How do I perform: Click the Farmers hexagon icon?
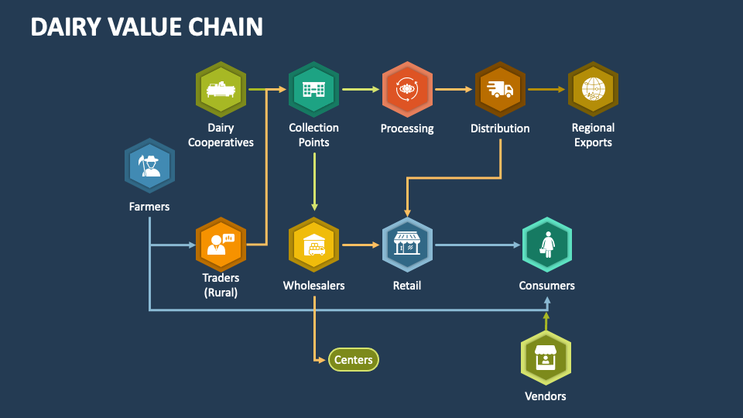(x=149, y=166)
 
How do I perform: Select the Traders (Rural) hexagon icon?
(x=221, y=245)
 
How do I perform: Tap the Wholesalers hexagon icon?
(x=313, y=245)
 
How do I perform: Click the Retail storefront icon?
(x=407, y=245)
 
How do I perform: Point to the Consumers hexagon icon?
(x=547, y=245)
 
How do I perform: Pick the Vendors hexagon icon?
(x=546, y=357)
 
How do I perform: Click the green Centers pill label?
(x=354, y=360)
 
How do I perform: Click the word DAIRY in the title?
(x=67, y=27)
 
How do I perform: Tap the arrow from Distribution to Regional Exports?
(x=546, y=90)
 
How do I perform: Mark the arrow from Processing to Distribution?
(x=454, y=90)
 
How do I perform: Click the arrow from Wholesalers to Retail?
(x=361, y=245)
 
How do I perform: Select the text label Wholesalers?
(x=313, y=286)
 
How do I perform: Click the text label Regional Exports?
(x=593, y=135)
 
